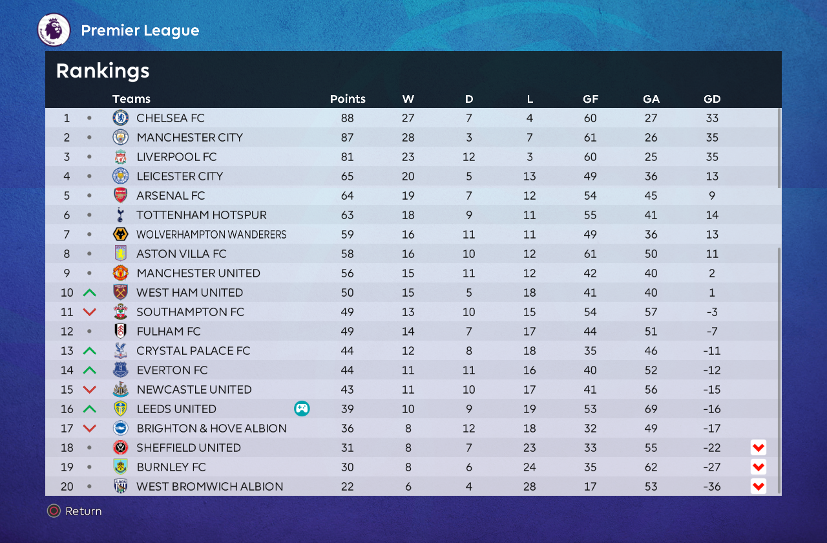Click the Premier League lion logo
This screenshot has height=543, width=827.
pos(54,30)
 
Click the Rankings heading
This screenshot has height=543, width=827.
pos(103,71)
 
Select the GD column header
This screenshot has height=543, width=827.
pos(712,99)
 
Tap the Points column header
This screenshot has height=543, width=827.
pos(348,99)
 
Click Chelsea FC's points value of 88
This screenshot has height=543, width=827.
pos(348,118)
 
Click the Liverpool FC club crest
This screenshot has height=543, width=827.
pos(121,157)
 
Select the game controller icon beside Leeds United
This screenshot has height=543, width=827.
pos(302,409)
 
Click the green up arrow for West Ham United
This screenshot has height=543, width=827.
pos(90,293)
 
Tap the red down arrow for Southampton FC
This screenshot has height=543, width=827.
pos(90,312)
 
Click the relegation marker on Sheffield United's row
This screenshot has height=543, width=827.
pos(759,447)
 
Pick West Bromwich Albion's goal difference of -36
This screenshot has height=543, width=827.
pos(712,487)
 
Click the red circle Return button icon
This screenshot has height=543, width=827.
pos(54,511)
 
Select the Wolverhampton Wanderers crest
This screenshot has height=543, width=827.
pos(121,235)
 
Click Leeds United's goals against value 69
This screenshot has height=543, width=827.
pos(651,409)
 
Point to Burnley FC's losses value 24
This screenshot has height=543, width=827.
pos(530,467)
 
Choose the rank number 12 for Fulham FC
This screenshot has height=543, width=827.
pos(67,332)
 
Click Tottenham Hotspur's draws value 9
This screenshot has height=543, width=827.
pos(469,215)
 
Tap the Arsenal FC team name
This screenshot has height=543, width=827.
pos(170,196)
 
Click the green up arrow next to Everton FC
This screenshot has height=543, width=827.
pos(90,370)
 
